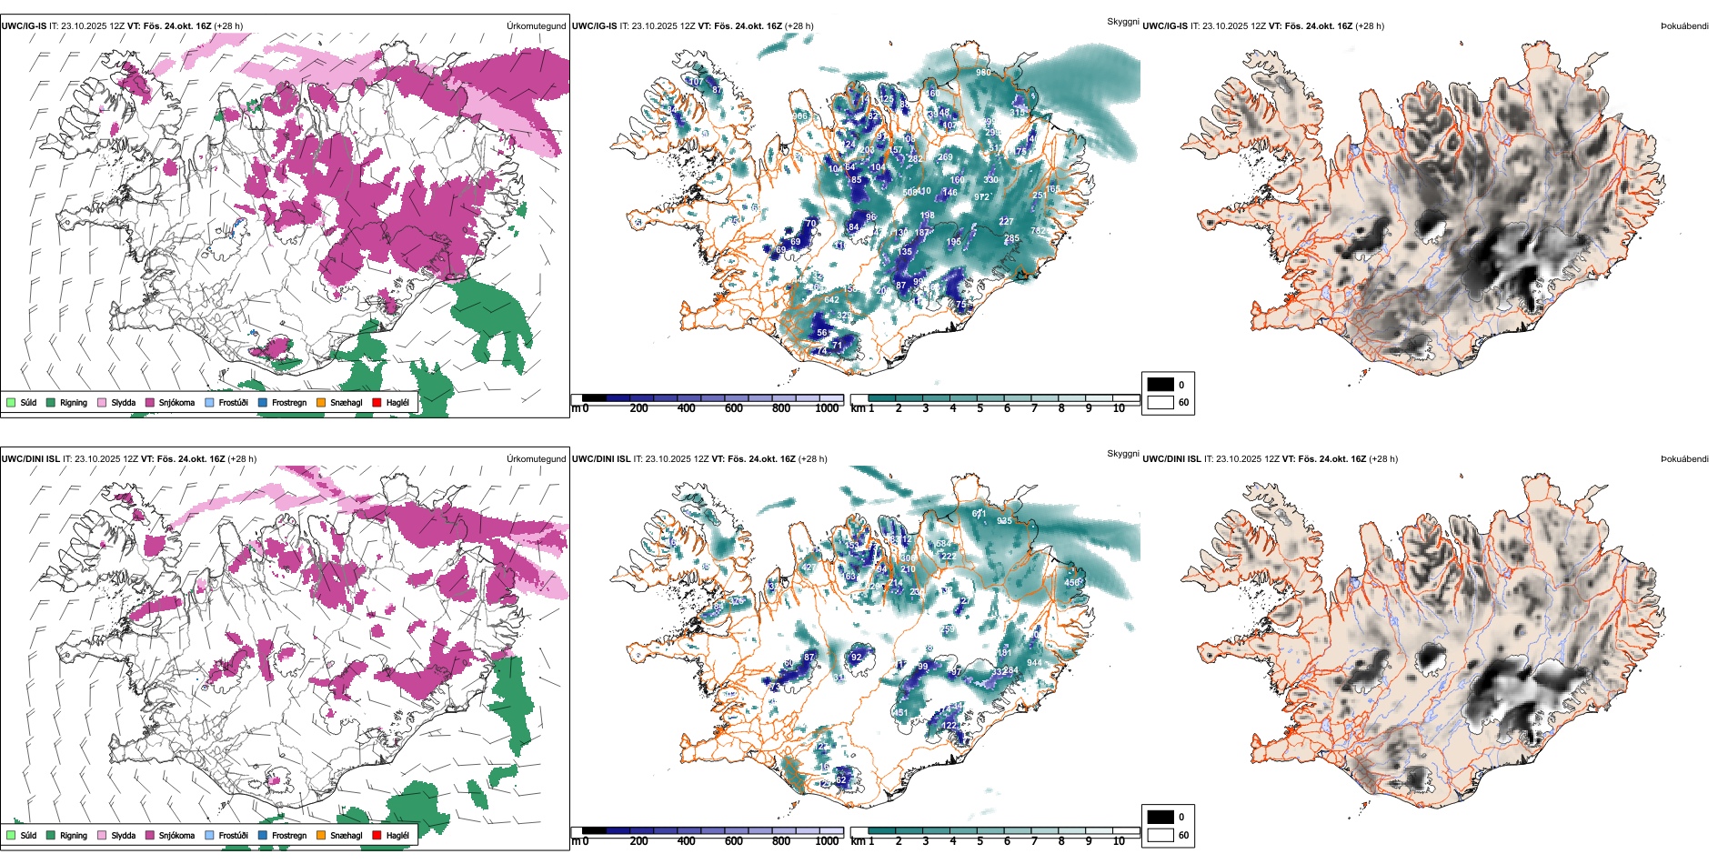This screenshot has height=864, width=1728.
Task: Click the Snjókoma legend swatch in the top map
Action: pyautogui.click(x=150, y=402)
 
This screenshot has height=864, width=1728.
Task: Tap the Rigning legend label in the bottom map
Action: pyautogui.click(x=74, y=835)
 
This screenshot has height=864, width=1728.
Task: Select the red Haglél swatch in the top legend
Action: pyautogui.click(x=377, y=402)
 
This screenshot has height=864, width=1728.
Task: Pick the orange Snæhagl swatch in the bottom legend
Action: pyautogui.click(x=321, y=835)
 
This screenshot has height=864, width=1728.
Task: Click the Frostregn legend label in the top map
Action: pyautogui.click(x=289, y=402)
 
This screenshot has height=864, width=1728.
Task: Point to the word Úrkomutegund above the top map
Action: pyautogui.click(x=536, y=26)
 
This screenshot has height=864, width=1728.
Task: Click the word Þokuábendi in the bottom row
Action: pyautogui.click(x=1684, y=459)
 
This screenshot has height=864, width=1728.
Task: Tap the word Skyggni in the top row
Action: pyautogui.click(x=1122, y=22)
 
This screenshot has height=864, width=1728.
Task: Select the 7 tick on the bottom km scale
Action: pyautogui.click(x=1034, y=841)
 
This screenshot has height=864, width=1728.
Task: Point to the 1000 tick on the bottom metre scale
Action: pyautogui.click(x=827, y=841)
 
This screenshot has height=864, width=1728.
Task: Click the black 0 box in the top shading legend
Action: pyautogui.click(x=1160, y=385)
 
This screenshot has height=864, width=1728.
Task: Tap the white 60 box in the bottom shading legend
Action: pyautogui.click(x=1160, y=835)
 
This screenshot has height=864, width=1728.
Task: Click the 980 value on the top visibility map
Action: pyautogui.click(x=983, y=73)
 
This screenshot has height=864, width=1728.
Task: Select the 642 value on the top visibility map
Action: pyautogui.click(x=831, y=300)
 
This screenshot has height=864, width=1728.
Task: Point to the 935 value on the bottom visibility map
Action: pyautogui.click(x=1004, y=521)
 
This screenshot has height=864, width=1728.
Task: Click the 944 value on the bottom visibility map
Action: pyautogui.click(x=1034, y=663)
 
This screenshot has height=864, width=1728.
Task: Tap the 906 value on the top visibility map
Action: pyautogui.click(x=799, y=116)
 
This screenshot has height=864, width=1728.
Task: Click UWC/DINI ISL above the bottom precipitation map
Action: pyautogui.click(x=30, y=459)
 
